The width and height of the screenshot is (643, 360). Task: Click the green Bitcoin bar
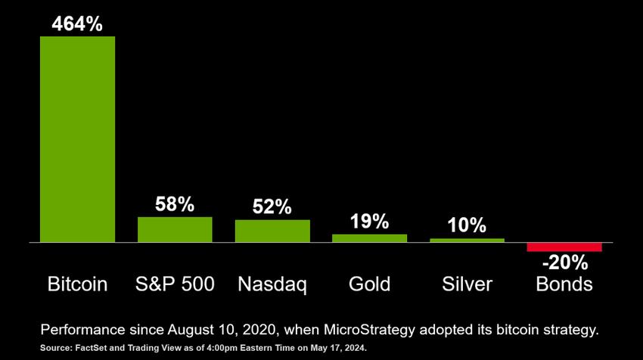77,139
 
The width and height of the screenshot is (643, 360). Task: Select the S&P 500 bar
175,229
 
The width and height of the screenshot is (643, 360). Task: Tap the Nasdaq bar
272,231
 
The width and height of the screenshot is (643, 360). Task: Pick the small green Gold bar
369,237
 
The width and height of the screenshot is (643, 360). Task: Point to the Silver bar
467,240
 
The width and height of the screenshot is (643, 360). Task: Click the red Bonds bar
564,247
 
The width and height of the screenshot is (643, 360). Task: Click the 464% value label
77,23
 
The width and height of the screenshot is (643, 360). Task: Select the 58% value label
175,204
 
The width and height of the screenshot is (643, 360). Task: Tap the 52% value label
272,207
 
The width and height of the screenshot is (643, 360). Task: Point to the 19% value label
369,222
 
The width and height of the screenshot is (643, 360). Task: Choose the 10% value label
467,225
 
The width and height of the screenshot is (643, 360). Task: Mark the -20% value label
564,263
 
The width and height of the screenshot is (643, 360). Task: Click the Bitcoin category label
77,284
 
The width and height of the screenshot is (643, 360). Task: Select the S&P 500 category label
175,284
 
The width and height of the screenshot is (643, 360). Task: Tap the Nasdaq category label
272,284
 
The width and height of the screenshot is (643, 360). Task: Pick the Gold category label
369,284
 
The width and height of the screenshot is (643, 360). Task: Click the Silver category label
467,284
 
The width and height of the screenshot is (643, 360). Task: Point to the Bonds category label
564,284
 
